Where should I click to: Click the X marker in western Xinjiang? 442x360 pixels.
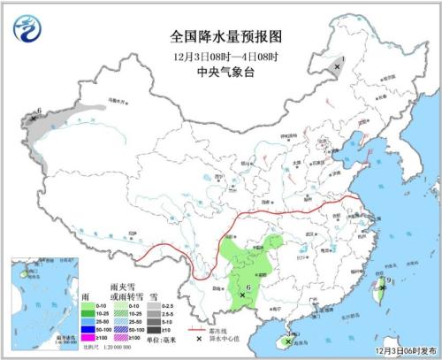pos(34,118)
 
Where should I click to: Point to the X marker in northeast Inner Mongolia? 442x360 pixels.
pos(338,65)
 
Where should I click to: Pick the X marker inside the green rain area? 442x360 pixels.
pos(243,295)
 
